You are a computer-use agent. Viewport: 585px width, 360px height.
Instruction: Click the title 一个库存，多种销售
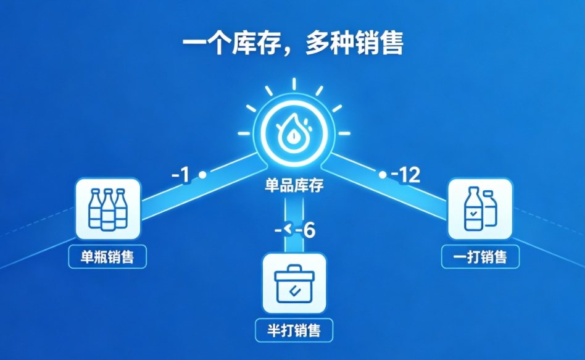[x=293, y=43]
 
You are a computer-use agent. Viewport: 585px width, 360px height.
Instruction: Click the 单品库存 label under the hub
[x=294, y=185]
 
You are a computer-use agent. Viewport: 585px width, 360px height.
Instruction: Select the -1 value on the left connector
[x=181, y=175]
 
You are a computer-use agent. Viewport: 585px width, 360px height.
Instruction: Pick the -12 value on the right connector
[x=405, y=174]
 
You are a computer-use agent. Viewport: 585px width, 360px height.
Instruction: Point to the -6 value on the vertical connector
[x=305, y=230]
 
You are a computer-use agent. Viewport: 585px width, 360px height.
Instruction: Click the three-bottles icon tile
[x=108, y=209]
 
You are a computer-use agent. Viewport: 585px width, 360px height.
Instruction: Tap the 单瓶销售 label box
[x=107, y=256]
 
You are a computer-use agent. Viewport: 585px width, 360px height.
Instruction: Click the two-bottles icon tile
[x=480, y=209]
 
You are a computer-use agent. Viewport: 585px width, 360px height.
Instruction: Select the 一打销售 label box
[x=480, y=256]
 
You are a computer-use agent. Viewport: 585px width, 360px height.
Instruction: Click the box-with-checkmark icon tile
[x=294, y=283]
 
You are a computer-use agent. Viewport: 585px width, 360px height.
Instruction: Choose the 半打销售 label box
[x=294, y=330]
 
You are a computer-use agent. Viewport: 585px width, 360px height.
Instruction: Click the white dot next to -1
[x=202, y=174]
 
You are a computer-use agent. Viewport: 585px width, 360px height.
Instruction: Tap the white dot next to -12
[x=383, y=174]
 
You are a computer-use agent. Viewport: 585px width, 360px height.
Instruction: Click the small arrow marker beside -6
[x=288, y=229]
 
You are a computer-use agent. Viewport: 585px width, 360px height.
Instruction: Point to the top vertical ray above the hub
[x=294, y=84]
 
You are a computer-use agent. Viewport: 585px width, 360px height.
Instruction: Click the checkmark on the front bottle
[x=473, y=214]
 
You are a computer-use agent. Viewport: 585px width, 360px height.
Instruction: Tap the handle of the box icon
[x=294, y=269]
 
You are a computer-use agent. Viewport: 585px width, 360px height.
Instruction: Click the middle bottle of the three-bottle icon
[x=108, y=210]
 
